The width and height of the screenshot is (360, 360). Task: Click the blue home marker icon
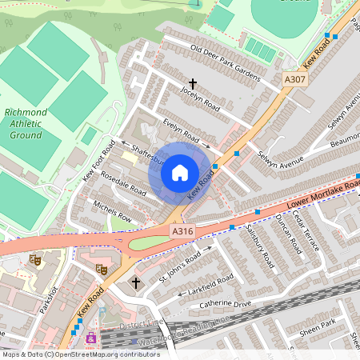(180, 171)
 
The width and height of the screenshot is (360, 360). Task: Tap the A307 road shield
(294, 80)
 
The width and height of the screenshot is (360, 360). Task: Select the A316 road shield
(182, 231)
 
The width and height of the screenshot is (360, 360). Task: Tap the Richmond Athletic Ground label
(25, 124)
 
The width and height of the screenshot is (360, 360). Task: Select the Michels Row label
(112, 211)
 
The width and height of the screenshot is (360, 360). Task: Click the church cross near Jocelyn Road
(192, 82)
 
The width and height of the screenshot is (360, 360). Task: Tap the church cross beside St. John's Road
(135, 283)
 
